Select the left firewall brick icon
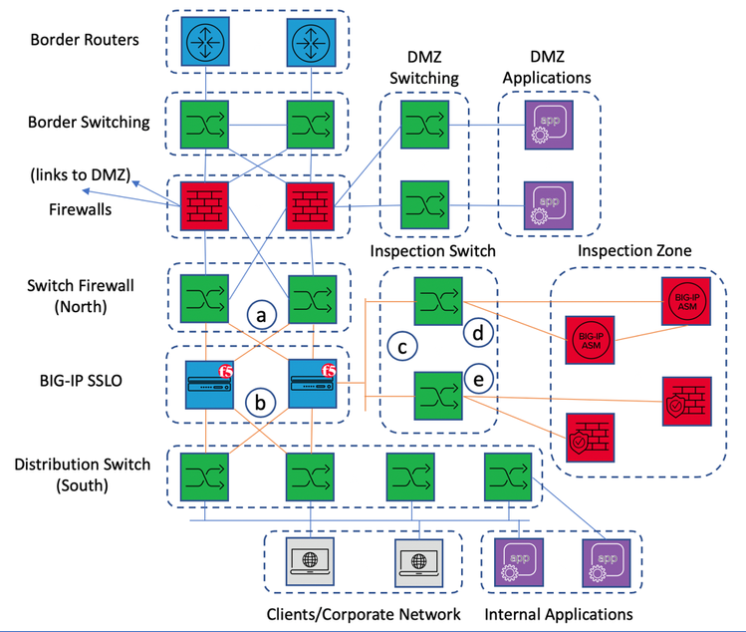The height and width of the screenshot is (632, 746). [x=204, y=205]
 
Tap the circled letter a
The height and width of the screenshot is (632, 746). [x=260, y=316]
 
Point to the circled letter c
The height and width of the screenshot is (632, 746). [x=404, y=348]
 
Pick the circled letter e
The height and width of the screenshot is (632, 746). [x=478, y=380]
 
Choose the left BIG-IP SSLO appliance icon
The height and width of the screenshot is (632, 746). [x=204, y=384]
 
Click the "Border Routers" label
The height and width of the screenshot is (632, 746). [x=85, y=41]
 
